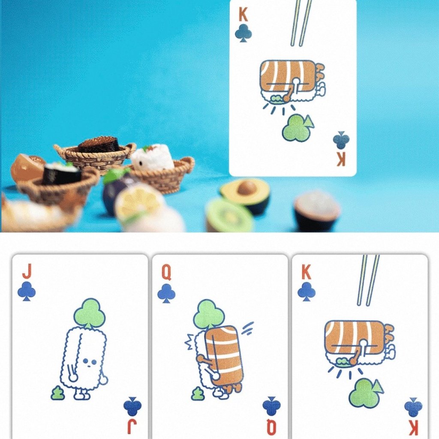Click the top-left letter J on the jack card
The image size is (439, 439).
[27, 271]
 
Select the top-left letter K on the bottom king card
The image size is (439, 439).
[306, 272]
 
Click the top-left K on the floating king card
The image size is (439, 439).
[243, 15]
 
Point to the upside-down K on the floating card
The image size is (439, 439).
[341, 160]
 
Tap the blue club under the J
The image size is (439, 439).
[27, 291]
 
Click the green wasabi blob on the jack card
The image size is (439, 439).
[58, 393]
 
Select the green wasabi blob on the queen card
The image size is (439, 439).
[198, 394]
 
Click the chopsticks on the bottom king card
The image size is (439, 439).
[368, 280]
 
